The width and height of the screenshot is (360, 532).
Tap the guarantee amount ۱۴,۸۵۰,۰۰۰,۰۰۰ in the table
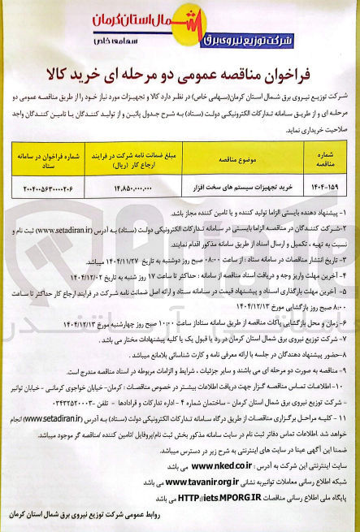tap(130, 189)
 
